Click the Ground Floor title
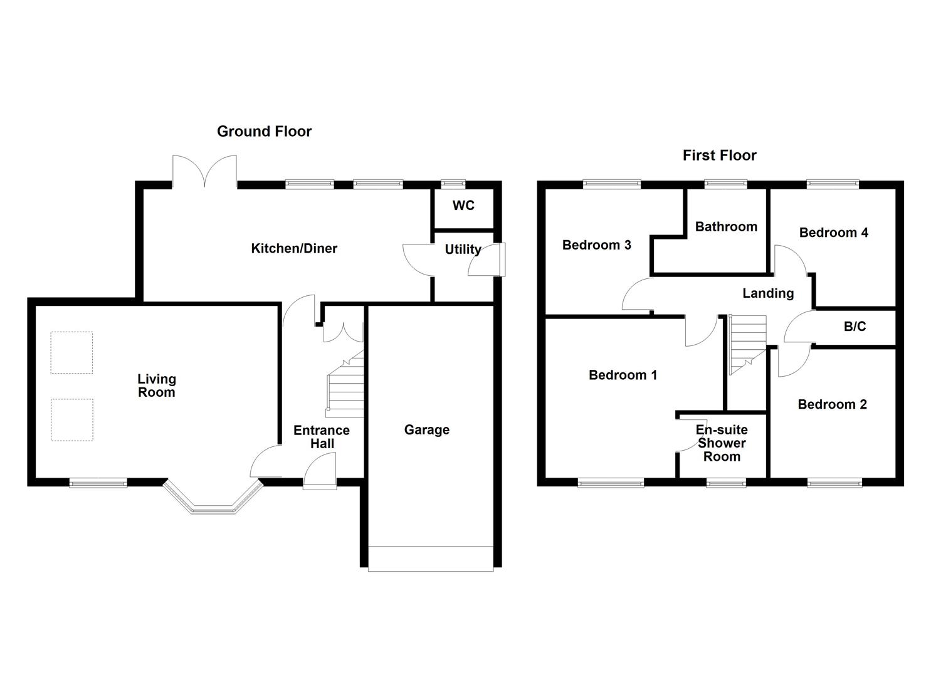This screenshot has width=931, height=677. [x=264, y=131]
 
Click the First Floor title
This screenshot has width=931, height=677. [x=719, y=155]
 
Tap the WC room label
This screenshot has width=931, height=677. [x=463, y=206]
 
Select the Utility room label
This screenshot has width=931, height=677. [x=463, y=249]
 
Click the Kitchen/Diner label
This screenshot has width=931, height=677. [x=294, y=248]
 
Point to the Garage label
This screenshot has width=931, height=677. [x=426, y=429]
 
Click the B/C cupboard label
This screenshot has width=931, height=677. [x=855, y=327]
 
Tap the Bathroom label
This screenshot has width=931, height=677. [x=726, y=226]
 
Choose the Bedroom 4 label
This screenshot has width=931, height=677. [x=833, y=233]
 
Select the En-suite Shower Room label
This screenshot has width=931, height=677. [x=722, y=443]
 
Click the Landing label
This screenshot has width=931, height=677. [x=767, y=293]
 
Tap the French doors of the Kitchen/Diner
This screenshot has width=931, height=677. [x=204, y=171]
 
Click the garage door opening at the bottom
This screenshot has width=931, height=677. [x=431, y=559]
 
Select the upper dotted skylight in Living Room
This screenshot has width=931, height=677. [x=71, y=352]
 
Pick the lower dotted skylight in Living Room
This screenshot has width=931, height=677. [x=71, y=419]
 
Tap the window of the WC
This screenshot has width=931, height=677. [x=453, y=184]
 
